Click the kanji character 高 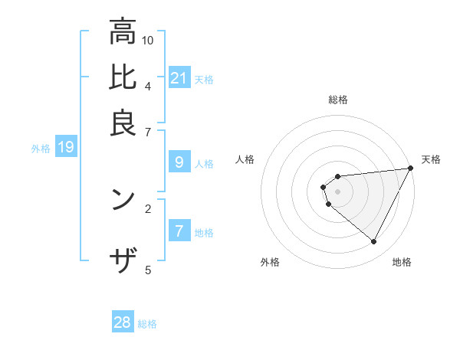[123, 33]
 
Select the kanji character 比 [123, 78]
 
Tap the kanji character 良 [123, 124]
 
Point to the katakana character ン [123, 199]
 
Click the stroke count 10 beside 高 [148, 40]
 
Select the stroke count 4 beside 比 [147, 86]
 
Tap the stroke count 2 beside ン [147, 208]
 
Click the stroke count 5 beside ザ [147, 269]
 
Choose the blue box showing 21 [179, 78]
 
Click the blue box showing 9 [179, 162]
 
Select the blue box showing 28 [123, 322]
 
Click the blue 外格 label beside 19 [41, 149]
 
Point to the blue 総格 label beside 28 [147, 324]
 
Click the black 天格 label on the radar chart [431, 159]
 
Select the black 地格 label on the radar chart [402, 262]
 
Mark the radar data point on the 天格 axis [410, 169]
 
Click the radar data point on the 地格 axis [373, 242]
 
